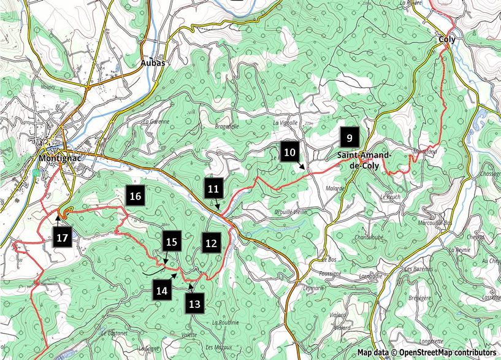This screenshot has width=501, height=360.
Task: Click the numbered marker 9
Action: tap(349, 137)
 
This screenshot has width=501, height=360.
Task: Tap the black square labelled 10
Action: tap(290, 151)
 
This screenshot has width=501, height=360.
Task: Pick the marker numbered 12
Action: tap(211, 243)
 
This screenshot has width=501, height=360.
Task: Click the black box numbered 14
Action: tap(162, 291)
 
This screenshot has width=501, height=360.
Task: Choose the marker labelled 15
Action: tap(172, 242)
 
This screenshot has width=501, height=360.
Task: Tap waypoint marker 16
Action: tap(136, 196)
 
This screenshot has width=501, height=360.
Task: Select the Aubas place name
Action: tap(153, 63)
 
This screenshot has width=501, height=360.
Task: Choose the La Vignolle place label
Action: tap(286, 123)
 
